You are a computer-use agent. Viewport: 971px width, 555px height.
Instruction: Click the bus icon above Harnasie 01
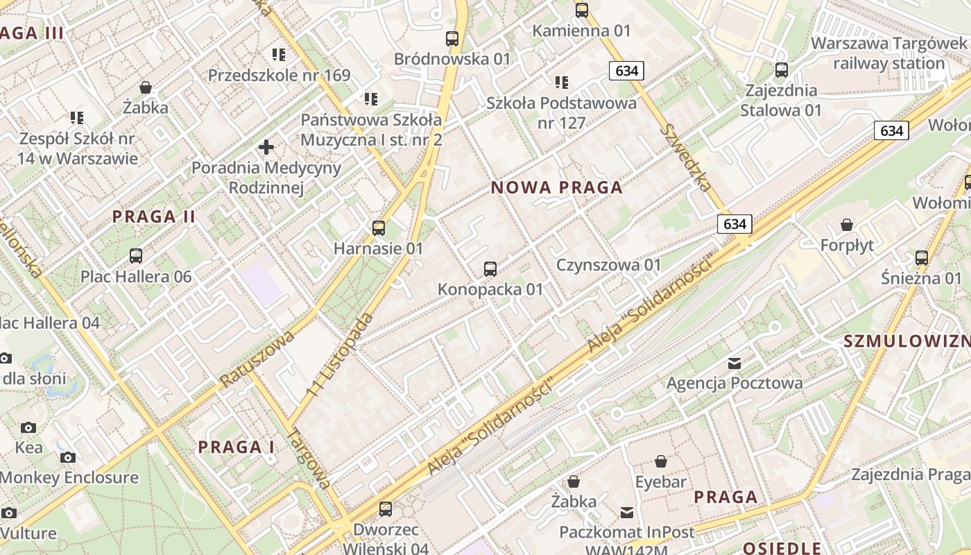pos(379,228)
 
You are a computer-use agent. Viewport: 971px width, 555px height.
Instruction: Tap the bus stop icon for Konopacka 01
pos(490,268)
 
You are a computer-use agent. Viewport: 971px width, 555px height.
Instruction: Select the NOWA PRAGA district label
pos(557,187)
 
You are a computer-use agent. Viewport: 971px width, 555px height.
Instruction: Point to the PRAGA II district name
pos(154,216)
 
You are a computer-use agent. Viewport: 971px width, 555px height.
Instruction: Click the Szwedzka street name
pos(686,157)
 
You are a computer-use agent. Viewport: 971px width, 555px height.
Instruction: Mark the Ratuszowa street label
pos(257,359)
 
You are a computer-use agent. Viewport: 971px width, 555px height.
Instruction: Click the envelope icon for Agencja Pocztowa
pos(734,363)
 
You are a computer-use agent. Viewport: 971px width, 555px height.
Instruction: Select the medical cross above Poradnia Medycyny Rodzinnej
pos(266,147)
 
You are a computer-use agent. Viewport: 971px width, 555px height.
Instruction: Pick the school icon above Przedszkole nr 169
pos(279,54)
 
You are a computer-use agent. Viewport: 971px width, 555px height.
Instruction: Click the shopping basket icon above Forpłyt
pos(846,225)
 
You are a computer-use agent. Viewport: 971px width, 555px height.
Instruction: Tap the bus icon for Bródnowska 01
pos(452,39)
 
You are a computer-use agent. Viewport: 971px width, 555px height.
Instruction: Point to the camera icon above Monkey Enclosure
pos(68,457)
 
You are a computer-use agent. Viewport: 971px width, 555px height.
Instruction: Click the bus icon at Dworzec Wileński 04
pos(386,509)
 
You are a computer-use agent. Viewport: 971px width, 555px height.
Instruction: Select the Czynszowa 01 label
pos(609,265)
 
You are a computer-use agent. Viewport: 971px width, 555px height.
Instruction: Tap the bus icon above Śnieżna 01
pos(922,257)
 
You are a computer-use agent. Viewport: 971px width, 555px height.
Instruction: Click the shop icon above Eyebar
pos(661,461)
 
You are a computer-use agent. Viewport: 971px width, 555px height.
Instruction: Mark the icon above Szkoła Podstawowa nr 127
pos(561,83)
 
